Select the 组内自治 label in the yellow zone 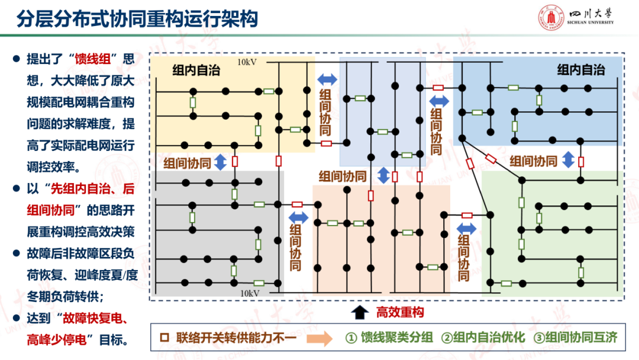tap(196, 70)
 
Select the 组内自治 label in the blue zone tap(581, 70)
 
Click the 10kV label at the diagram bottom tap(250, 292)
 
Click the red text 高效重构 tap(400, 312)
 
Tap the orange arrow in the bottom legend tap(319, 339)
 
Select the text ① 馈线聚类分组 tap(389, 338)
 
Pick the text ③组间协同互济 tap(575, 338)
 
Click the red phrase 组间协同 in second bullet tap(53, 210)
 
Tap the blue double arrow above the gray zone tap(220, 162)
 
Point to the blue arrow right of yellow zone tap(327, 79)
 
